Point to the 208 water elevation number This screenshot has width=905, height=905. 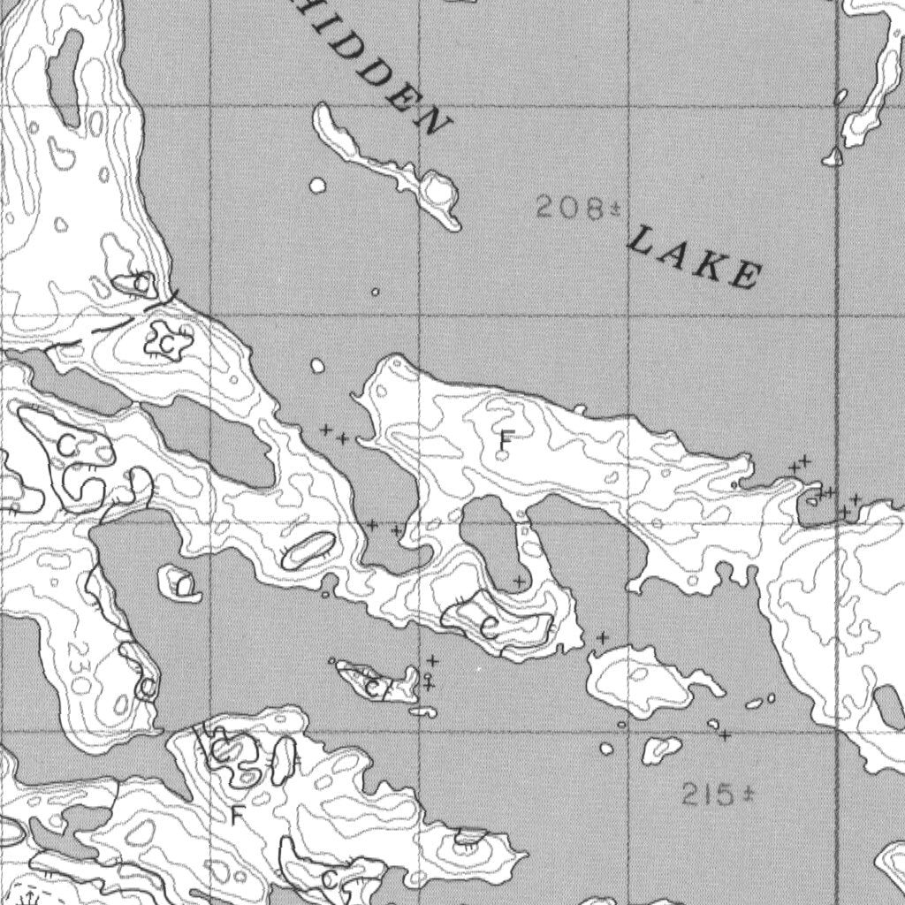click(x=568, y=209)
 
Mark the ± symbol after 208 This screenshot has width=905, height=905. click(x=613, y=209)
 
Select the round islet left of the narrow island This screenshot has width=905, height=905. click(x=317, y=186)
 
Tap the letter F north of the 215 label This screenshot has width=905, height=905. click(x=506, y=437)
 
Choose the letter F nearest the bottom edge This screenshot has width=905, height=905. click(x=235, y=813)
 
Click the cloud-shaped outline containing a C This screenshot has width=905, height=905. click(x=164, y=341)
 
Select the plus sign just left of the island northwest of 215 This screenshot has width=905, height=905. click(x=603, y=637)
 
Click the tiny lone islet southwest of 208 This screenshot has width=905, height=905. click(x=375, y=292)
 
